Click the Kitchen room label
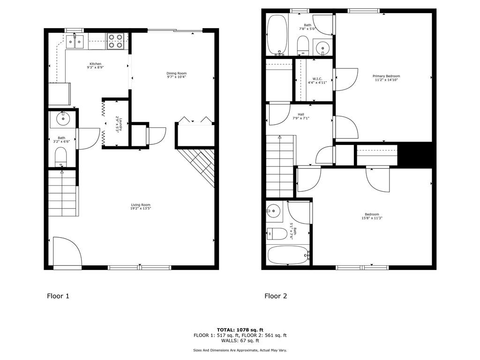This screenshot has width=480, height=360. point(96,64)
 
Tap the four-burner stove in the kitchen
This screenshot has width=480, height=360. point(115,41)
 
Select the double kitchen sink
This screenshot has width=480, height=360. point(75,42)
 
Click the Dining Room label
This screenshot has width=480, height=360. point(176,74)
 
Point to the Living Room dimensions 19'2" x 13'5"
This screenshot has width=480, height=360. point(141,209)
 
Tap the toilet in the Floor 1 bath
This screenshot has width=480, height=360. point(60,157)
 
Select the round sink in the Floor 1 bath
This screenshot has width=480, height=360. point(63,119)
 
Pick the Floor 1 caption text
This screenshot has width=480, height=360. point(58,296)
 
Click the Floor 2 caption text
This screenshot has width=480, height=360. point(276,296)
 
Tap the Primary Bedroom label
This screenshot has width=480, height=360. point(386,76)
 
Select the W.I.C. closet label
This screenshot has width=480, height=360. point(317,79)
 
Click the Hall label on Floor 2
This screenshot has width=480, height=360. point(301,114)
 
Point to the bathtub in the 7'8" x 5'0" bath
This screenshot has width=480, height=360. point(277,35)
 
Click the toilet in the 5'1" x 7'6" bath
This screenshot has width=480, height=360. point(277,234)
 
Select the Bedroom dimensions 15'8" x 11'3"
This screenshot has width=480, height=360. point(372,218)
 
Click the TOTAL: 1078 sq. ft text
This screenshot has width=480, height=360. point(240,330)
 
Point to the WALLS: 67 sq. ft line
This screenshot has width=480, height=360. point(240,340)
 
